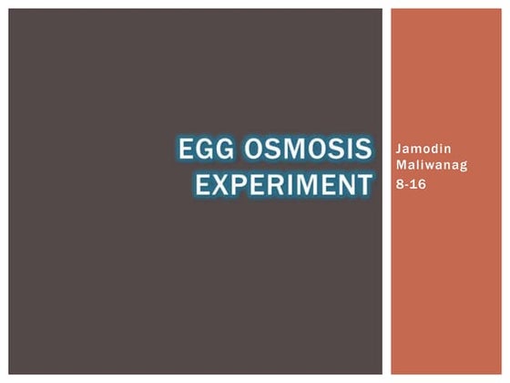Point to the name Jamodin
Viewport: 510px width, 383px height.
pos(416,149)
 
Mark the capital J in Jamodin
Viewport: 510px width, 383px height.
pos(396,149)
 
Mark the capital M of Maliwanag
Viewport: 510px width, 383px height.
pos(398,165)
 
